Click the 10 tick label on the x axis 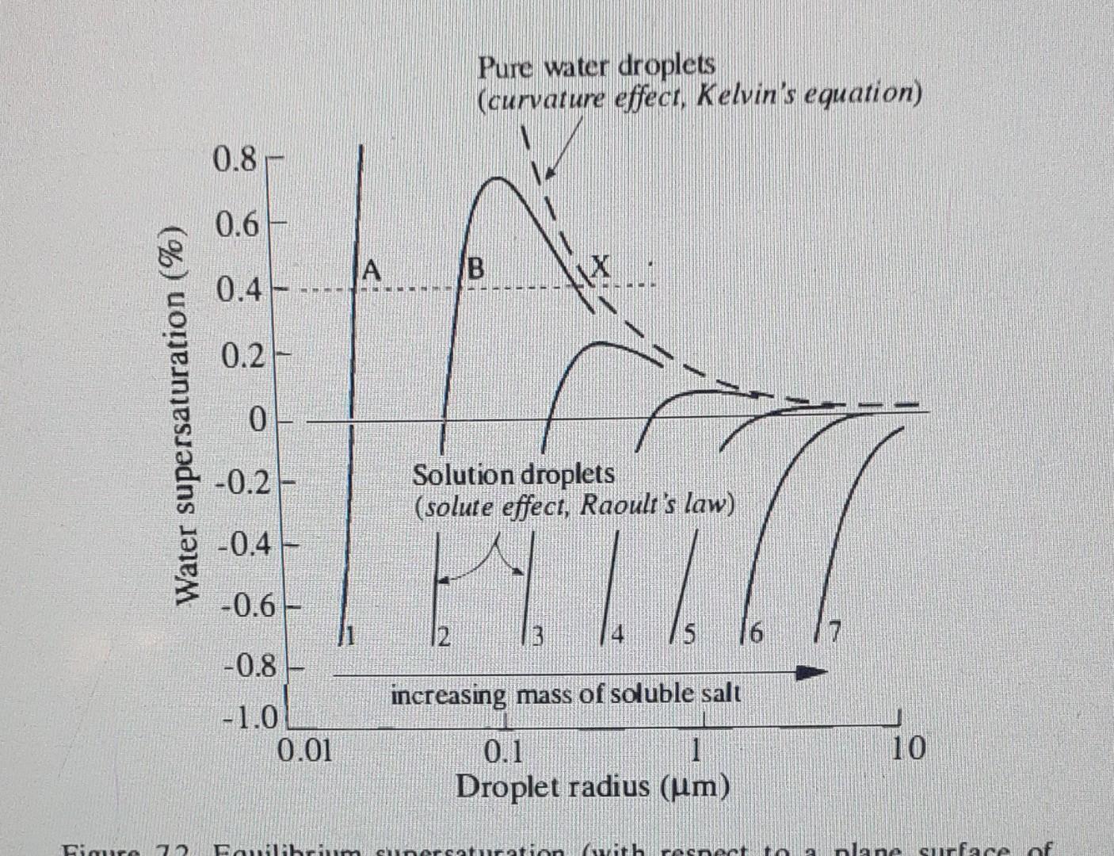click(x=906, y=748)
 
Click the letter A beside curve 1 click(x=372, y=270)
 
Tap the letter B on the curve click(x=475, y=268)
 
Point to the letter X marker click(x=602, y=267)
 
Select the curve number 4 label click(x=619, y=634)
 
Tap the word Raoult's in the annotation click(x=620, y=506)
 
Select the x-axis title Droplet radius click(x=593, y=787)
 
